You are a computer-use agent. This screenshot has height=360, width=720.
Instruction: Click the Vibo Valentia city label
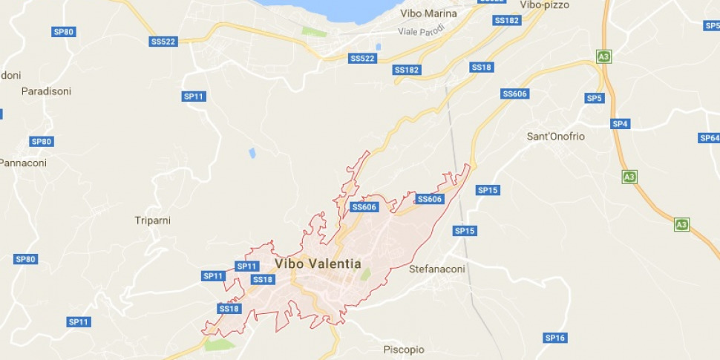pyautogui.click(x=318, y=264)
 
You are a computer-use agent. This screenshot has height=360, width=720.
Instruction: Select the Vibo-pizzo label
pyautogui.click(x=544, y=4)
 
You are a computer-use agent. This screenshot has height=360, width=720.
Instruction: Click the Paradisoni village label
pyautogui.click(x=46, y=91)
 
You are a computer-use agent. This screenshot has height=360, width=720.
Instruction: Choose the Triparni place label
pyautogui.click(x=154, y=220)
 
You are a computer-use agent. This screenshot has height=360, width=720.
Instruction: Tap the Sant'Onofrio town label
pyautogui.click(x=555, y=137)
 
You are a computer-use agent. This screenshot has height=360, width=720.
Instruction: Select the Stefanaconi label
pyautogui.click(x=437, y=269)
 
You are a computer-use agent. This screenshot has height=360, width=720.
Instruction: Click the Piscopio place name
pyautogui.click(x=404, y=350)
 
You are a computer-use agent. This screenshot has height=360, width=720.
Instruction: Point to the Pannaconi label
pyautogui.click(x=23, y=163)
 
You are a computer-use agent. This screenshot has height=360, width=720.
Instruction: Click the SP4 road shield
pyautogui.click(x=621, y=124)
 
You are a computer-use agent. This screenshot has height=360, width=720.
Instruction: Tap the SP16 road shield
pyautogui.click(x=555, y=338)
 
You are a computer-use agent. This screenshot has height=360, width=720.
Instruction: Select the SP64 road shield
pyautogui.click(x=709, y=138)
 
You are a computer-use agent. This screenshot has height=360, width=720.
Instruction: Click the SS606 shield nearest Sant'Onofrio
pyautogui.click(x=514, y=94)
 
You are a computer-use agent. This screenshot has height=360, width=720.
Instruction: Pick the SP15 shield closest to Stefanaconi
pyautogui.click(x=465, y=231)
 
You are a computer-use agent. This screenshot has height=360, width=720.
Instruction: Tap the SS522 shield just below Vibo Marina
pyautogui.click(x=362, y=58)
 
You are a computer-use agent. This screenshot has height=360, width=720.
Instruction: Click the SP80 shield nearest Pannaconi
pyautogui.click(x=41, y=141)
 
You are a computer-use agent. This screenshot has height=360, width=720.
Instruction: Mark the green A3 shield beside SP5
pyautogui.click(x=603, y=56)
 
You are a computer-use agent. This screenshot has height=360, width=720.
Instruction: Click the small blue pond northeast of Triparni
pyautogui.click(x=252, y=153)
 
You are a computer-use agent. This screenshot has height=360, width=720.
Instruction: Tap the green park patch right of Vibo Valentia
pyautogui.click(x=365, y=274)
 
